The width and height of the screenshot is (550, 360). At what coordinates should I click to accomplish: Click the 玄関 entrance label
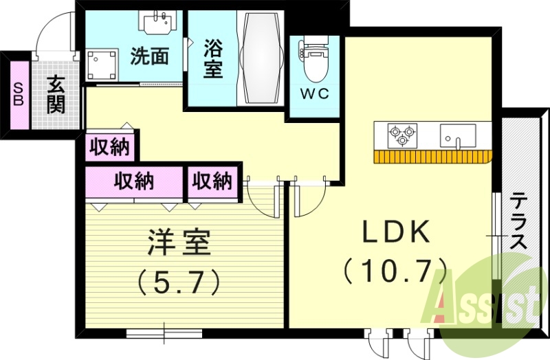pos(56,94)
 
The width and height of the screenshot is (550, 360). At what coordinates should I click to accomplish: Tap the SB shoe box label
pos(18,94)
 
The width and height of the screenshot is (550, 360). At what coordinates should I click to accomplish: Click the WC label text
pos(315,94)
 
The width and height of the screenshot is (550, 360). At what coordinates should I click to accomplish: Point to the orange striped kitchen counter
pos(432,156)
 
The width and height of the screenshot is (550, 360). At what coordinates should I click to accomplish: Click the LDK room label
pos(396,233)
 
